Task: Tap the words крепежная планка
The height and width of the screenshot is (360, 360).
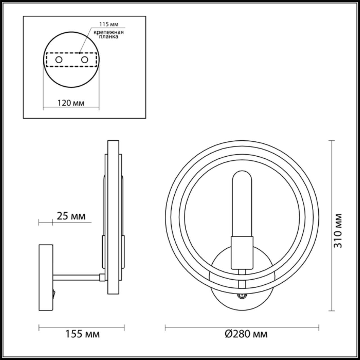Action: [109, 34]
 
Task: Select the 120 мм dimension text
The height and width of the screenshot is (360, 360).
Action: [71, 103]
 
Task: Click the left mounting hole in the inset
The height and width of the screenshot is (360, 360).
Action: [59, 60]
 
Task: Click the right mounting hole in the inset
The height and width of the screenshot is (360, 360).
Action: [84, 60]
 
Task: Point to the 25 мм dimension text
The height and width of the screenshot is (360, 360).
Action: [71, 216]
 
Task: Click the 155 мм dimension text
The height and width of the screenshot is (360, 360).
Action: [82, 334]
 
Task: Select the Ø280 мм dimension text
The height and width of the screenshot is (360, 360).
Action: [246, 334]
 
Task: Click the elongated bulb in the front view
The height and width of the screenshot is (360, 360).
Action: [242, 202]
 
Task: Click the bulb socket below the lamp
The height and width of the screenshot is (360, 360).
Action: [242, 252]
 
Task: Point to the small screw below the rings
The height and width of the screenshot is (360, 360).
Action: [241, 296]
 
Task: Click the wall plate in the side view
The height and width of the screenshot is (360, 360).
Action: [46, 277]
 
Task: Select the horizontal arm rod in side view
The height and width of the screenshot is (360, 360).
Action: [76, 277]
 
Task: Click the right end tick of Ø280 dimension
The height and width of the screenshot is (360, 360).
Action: [319, 327]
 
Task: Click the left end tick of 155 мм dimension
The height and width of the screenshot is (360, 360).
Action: [39, 327]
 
